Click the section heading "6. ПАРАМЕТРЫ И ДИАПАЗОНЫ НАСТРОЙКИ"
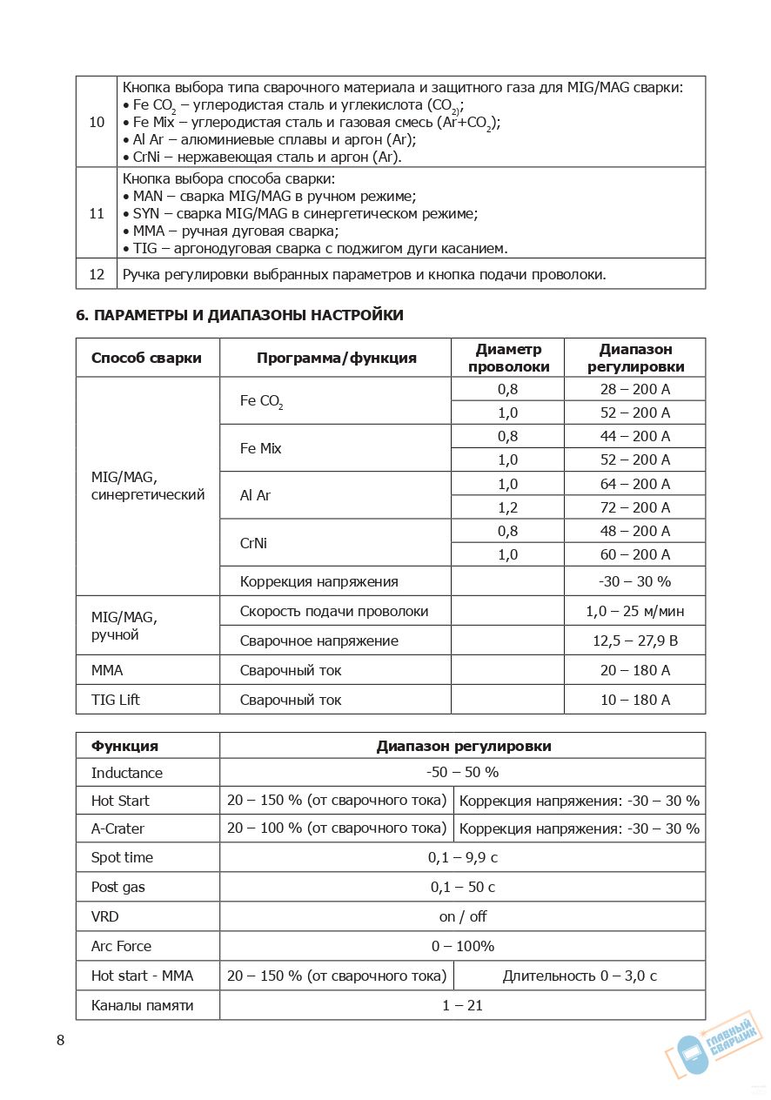tap(239, 315)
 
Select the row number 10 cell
tap(97, 122)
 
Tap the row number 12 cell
tap(97, 274)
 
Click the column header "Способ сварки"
tap(146, 358)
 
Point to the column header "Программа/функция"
tap(336, 358)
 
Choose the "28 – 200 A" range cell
tap(635, 389)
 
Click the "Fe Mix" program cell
tap(261, 448)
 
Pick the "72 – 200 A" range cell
tap(635, 507)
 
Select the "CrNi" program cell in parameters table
tap(253, 543)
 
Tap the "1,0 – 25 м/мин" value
tap(635, 611)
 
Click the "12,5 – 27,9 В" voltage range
tap(635, 641)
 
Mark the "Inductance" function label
tap(127, 773)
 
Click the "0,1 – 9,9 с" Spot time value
tap(462, 857)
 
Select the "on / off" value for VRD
tap(462, 916)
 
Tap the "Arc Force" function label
tap(121, 946)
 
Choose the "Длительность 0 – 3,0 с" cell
tap(580, 976)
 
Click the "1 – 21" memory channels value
tap(462, 1005)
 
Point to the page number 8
tap(60, 1041)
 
